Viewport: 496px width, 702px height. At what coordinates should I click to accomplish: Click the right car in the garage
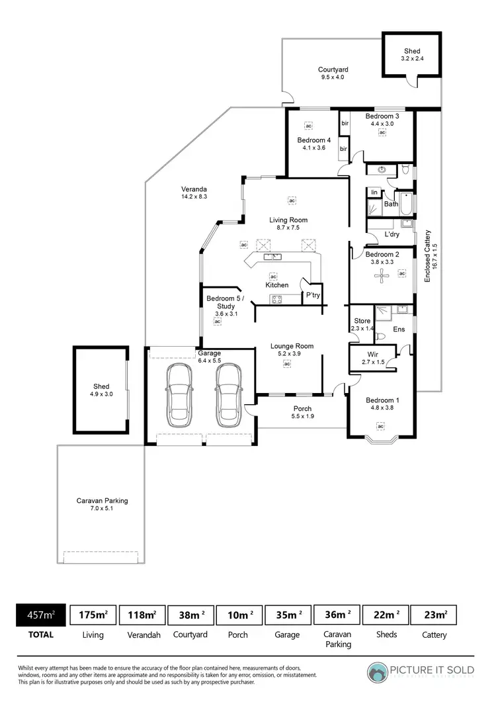click(x=227, y=396)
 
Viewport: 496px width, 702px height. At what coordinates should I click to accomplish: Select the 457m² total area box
click(x=40, y=615)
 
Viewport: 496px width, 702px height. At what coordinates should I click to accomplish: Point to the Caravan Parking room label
click(x=102, y=505)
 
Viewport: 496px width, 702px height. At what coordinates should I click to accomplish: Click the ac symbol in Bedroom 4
click(x=308, y=125)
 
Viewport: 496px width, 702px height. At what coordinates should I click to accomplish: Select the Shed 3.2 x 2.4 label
click(x=412, y=55)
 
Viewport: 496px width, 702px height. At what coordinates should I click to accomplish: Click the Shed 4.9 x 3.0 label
click(x=101, y=390)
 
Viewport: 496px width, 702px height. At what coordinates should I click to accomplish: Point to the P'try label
click(x=312, y=295)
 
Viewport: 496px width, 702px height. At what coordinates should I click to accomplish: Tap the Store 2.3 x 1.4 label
click(x=362, y=324)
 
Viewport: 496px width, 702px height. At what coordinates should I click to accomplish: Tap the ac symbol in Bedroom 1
click(x=380, y=426)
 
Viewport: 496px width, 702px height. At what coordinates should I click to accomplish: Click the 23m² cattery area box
click(x=434, y=615)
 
